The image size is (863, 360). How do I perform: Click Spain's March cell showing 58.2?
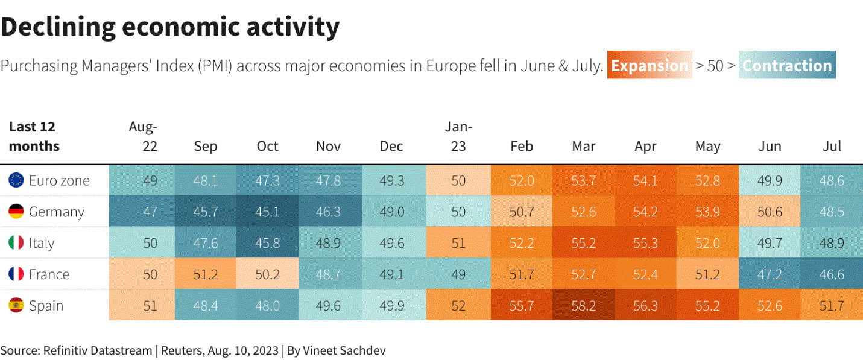click(583, 305)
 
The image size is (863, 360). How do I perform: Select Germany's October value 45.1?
click(267, 212)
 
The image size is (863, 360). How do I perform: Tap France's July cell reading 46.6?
click(832, 274)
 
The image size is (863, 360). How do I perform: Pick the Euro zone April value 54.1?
click(645, 180)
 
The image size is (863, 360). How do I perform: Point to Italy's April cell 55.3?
click(645, 242)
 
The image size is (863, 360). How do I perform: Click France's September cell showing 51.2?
click(206, 274)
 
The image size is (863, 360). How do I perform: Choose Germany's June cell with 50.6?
click(770, 212)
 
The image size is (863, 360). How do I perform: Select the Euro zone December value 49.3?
click(392, 180)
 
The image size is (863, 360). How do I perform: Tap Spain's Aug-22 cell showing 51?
click(150, 305)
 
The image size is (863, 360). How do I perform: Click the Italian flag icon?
click(16, 242)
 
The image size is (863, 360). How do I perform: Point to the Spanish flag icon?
click(16, 305)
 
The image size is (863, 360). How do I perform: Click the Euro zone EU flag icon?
click(16, 180)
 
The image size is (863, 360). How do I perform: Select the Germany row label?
click(57, 212)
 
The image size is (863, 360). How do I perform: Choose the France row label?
click(49, 274)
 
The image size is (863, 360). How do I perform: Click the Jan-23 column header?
click(458, 136)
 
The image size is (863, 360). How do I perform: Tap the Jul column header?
click(832, 146)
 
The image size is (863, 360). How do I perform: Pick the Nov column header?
click(328, 146)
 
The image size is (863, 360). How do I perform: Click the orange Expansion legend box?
click(650, 65)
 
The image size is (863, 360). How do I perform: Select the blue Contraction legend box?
click(787, 65)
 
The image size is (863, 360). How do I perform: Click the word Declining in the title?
click(58, 27)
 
